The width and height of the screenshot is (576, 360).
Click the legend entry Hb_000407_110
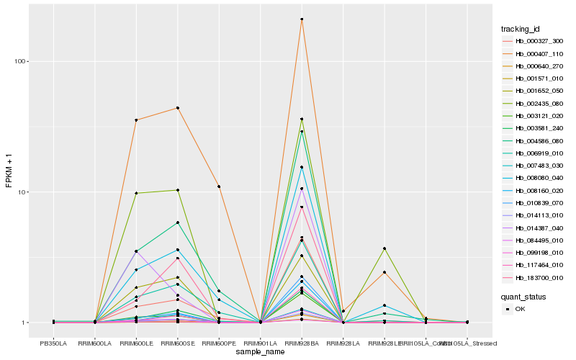[534, 53]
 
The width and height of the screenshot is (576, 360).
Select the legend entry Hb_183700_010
[534, 277]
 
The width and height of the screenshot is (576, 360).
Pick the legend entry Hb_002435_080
[534, 104]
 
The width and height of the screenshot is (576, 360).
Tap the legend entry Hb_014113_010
[534, 215]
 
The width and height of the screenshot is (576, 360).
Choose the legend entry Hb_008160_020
[534, 190]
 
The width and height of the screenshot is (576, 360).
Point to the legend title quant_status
[523, 296]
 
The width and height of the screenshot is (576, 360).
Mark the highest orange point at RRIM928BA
[302, 19]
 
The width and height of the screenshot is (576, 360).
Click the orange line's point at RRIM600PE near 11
[219, 186]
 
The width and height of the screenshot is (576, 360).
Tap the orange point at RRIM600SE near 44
[177, 108]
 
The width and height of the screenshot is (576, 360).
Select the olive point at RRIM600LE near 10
[136, 193]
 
